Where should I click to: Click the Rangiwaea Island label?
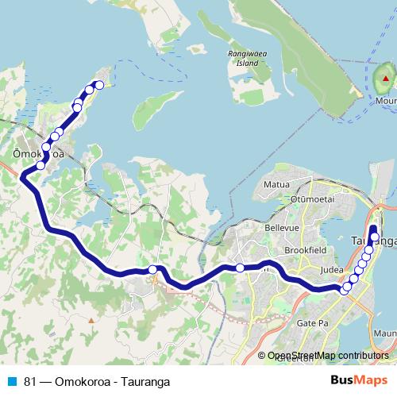243,58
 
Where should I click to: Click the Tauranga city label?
373,239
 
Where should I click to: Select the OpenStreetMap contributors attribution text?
327,356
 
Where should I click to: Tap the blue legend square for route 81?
12,381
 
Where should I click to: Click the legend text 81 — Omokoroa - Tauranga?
97,381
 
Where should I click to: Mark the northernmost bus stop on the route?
99,84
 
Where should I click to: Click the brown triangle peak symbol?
91,320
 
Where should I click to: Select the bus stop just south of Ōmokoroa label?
40,165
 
